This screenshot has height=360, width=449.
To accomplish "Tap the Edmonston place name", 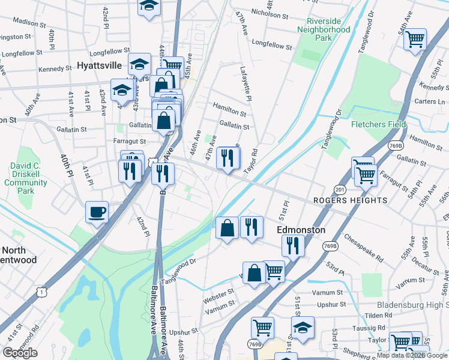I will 301,230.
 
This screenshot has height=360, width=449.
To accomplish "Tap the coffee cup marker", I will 97,212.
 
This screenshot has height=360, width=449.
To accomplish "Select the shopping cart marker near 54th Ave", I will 415,40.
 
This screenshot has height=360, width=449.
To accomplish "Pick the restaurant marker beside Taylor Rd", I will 228,158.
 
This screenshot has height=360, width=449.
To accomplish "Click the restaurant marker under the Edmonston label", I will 292,245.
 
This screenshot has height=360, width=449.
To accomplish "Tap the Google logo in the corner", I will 20,353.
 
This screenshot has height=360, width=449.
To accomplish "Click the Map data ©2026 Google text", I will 411,355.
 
